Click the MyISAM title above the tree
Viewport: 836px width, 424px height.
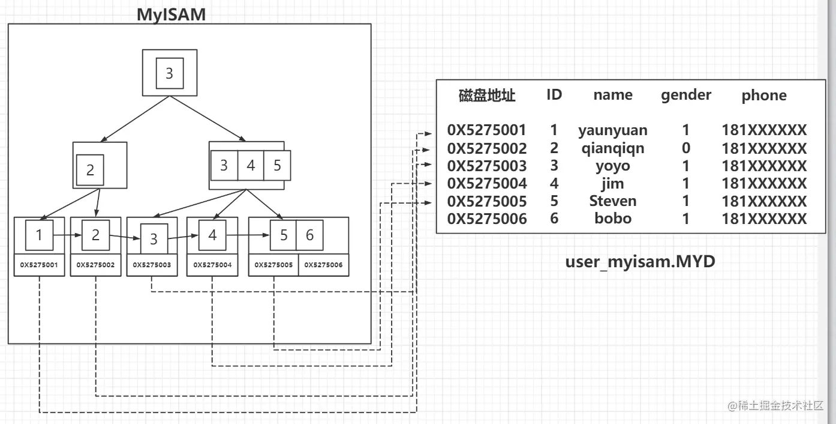171,14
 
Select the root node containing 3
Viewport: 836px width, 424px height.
169,73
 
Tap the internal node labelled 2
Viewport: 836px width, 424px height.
90,170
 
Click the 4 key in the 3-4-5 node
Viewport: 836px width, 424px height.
251,165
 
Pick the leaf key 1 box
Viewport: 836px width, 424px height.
39,235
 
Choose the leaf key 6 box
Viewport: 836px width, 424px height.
309,235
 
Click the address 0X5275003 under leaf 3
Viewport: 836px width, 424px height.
152,264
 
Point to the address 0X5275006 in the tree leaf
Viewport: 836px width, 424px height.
323,264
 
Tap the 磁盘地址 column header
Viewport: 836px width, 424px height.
486,95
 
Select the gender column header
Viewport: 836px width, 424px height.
686,95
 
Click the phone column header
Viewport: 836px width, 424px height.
763,95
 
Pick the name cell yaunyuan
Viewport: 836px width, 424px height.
612,130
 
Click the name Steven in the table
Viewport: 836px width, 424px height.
612,201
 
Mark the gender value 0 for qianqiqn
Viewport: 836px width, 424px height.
685,148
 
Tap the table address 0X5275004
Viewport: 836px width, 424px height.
486,183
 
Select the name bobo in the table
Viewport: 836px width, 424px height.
612,218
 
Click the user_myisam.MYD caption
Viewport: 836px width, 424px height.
640,261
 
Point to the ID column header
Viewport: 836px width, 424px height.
554,94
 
